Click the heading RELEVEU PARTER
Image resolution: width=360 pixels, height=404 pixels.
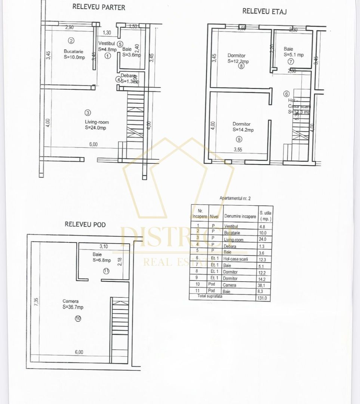coord(99,7)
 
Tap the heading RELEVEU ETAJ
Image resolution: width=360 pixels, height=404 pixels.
coord(264,11)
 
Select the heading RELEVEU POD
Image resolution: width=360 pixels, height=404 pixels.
coord(85,224)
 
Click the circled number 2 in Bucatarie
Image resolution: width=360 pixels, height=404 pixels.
coord(71,41)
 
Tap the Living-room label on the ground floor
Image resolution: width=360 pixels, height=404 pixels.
coord(96,122)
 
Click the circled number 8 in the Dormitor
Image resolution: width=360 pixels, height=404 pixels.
coord(241,66)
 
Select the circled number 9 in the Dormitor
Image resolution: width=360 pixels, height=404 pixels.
coord(239,139)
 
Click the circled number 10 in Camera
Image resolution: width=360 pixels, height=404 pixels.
coord(78,318)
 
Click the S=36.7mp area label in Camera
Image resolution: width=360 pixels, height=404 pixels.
coord(73,307)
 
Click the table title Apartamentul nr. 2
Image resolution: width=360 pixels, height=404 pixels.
coord(233,199)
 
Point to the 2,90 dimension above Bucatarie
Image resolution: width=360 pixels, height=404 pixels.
coord(69,27)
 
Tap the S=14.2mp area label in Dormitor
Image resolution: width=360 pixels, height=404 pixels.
coord(243,130)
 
